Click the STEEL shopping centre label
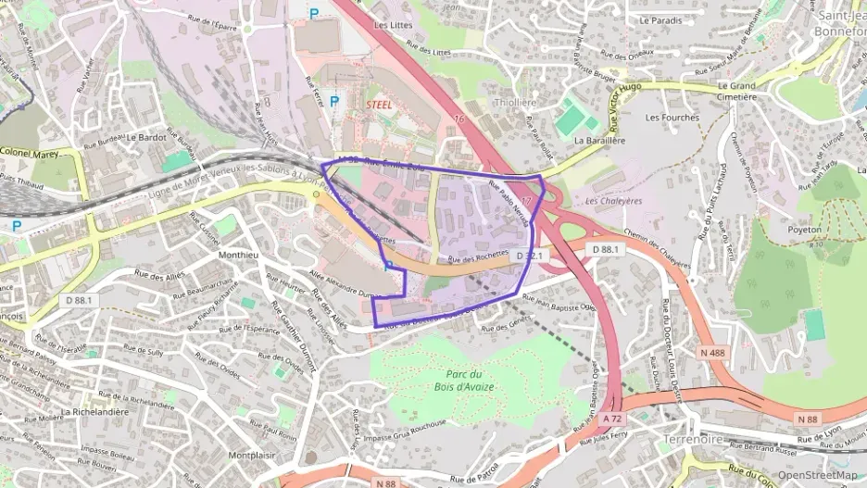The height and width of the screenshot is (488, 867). [x=380, y=105]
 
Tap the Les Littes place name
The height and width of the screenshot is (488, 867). [x=393, y=26]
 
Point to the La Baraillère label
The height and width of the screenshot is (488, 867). [x=600, y=141]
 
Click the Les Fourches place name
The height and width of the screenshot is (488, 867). [x=672, y=118]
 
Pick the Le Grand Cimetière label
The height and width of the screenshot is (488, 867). [x=738, y=91]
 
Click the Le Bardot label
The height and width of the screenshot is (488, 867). [x=146, y=136]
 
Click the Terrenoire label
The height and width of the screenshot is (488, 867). [x=697, y=439]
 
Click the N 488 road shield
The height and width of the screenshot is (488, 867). [x=713, y=352]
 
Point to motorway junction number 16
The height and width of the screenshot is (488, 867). [x=459, y=119]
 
